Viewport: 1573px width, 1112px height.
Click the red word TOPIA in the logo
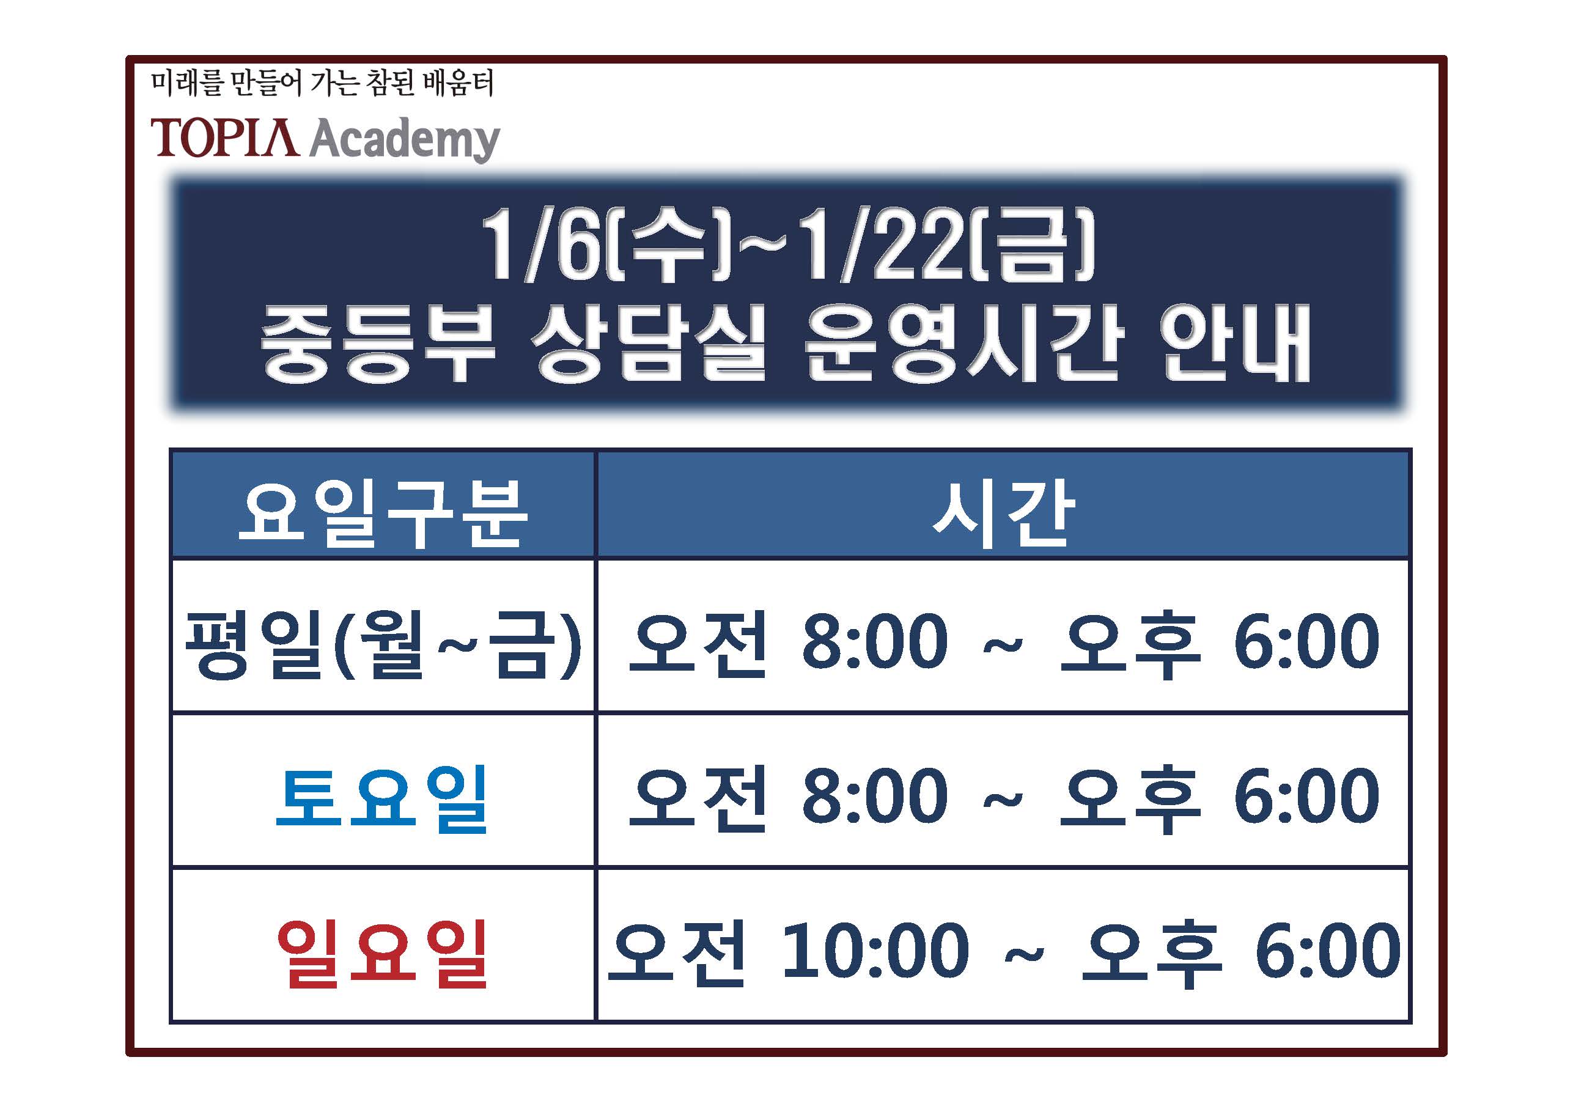[225, 138]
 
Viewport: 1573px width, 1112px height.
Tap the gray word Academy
[405, 140]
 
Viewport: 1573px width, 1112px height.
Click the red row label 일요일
[381, 953]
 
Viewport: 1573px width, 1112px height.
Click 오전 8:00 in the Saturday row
[789, 798]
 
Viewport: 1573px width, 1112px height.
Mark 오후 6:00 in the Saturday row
[1220, 798]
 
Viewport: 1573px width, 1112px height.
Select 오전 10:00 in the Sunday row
[789, 952]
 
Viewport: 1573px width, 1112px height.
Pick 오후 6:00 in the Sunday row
[1240, 952]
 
